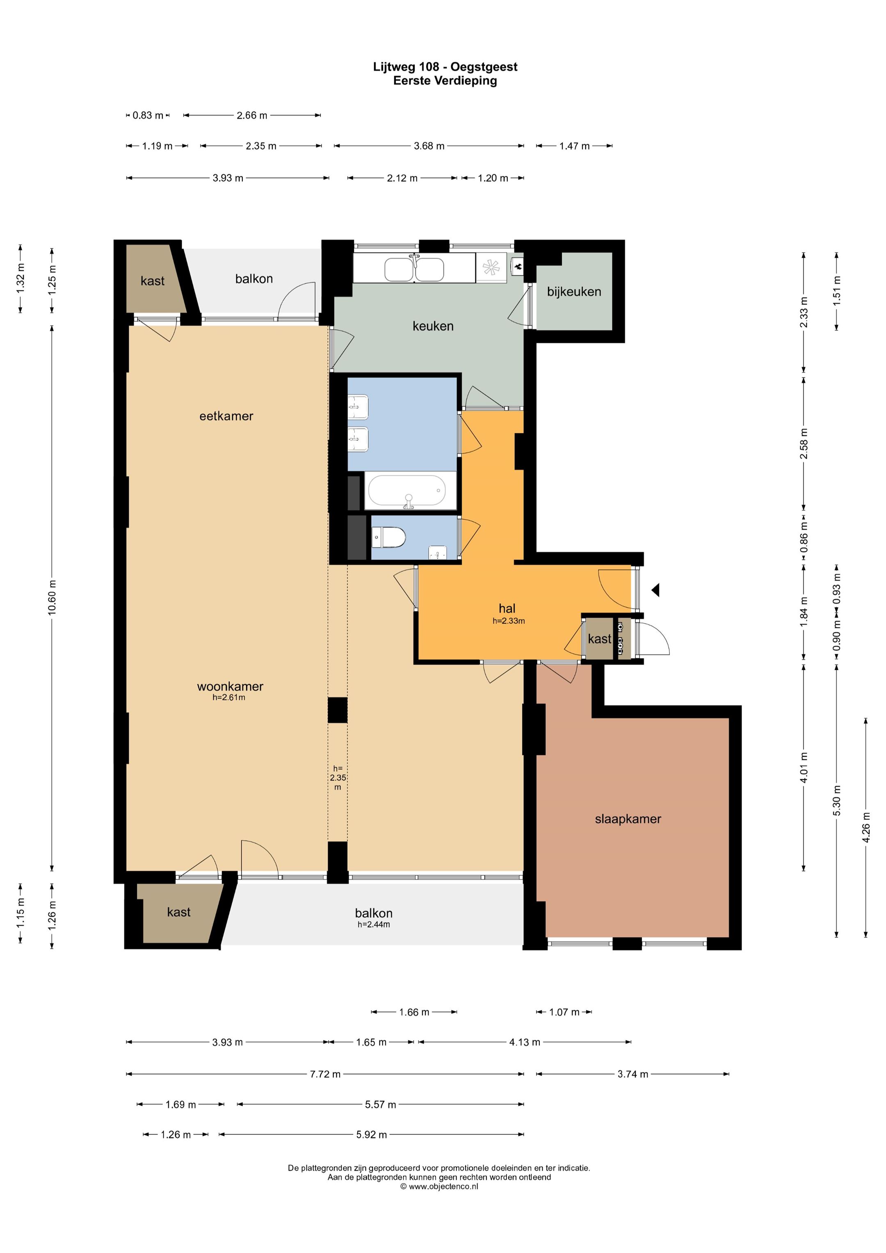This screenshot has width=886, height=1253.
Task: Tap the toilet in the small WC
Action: (389, 537)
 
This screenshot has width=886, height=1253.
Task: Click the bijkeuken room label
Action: (574, 292)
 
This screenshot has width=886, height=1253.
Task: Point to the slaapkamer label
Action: (628, 819)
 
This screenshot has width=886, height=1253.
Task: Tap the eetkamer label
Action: (226, 416)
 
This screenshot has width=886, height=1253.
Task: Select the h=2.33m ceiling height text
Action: (509, 621)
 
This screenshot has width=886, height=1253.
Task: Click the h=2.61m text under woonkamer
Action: (229, 697)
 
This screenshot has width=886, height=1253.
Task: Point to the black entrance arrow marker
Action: (655, 589)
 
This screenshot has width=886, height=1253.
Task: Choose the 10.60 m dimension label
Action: (53, 598)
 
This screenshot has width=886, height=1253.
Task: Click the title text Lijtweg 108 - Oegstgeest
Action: (445, 66)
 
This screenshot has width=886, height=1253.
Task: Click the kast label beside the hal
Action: (599, 639)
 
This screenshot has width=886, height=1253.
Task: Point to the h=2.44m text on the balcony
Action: (373, 924)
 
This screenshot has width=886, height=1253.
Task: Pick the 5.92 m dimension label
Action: (371, 1134)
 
